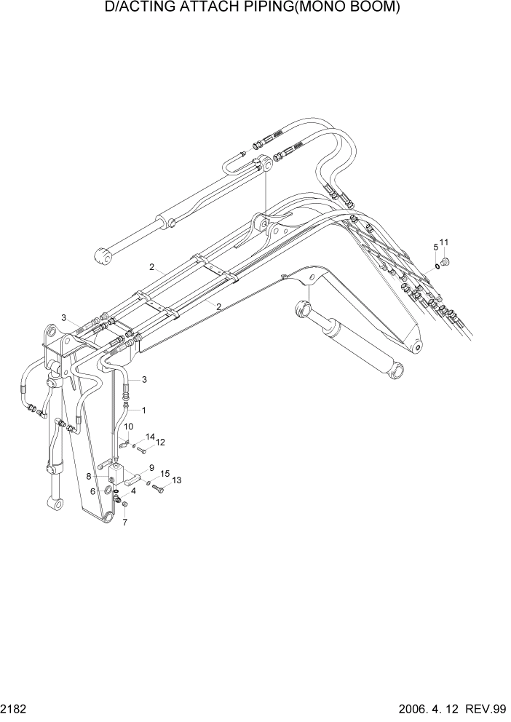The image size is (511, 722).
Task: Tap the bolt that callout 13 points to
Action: [159, 489]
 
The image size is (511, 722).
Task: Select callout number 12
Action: [161, 442]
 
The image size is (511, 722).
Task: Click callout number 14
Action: [150, 437]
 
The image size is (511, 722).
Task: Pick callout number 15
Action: [165, 473]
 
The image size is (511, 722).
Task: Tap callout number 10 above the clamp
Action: [128, 427]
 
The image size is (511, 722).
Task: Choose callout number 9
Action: [151, 467]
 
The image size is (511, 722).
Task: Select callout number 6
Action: [93, 491]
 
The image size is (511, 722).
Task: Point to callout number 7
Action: [124, 522]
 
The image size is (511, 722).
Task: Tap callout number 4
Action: [132, 491]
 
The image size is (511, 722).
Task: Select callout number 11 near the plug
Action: [444, 242]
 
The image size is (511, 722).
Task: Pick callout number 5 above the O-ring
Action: [436, 247]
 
